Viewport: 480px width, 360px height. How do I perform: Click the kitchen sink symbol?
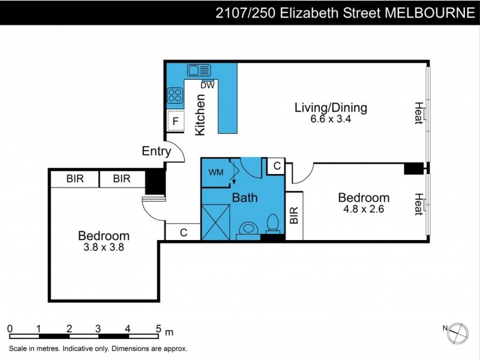(x=197, y=70)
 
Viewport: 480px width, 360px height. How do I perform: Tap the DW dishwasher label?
(x=207, y=85)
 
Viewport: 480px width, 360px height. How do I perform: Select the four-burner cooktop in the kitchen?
(x=175, y=94)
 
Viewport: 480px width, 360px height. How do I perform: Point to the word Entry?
(x=156, y=151)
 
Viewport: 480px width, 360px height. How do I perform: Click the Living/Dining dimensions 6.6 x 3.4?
(x=330, y=119)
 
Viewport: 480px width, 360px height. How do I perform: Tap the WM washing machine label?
(x=216, y=172)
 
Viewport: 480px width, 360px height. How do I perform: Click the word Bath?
(x=245, y=197)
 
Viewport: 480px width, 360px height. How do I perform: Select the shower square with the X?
(x=216, y=221)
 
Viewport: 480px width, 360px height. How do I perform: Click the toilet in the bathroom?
(x=273, y=224)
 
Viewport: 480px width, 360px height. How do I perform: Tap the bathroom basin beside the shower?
(x=247, y=229)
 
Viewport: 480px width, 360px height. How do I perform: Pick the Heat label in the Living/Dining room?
(x=418, y=112)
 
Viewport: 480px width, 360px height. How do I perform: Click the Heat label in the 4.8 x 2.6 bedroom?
(x=418, y=203)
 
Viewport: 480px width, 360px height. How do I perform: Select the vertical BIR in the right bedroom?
(x=294, y=216)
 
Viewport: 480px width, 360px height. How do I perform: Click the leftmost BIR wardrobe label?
(x=74, y=178)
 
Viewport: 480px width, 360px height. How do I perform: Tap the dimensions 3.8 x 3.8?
(x=103, y=246)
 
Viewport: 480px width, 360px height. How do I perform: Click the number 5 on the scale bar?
(x=158, y=328)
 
